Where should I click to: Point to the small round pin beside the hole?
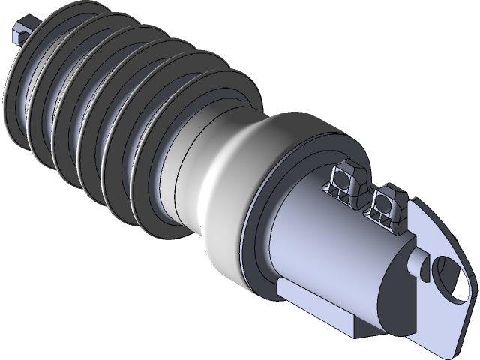416,263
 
